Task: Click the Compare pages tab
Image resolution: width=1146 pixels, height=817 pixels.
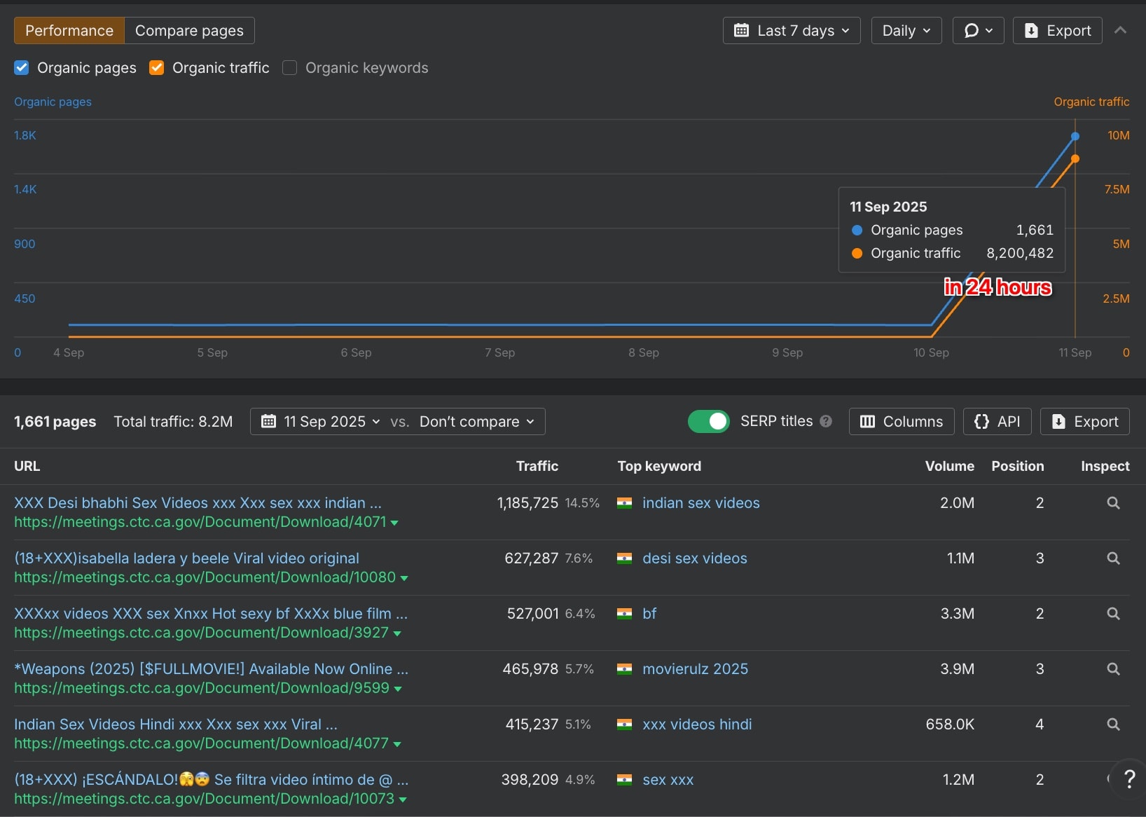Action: (x=189, y=31)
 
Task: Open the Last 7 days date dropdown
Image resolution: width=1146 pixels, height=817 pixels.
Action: (x=792, y=31)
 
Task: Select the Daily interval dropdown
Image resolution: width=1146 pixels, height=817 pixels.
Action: (x=906, y=31)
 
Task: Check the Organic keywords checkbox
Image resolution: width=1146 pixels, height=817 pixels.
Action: (x=289, y=68)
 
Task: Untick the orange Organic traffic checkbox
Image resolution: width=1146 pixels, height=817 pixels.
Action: (x=157, y=68)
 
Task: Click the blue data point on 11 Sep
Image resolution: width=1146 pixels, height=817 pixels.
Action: (x=1075, y=137)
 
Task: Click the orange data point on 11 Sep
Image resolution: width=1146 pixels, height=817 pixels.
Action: (x=1075, y=159)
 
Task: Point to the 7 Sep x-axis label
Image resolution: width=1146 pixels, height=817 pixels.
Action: (x=499, y=352)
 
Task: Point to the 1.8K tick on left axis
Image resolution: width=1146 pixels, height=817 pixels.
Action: (x=25, y=135)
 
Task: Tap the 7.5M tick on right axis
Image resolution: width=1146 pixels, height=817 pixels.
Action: (x=1117, y=189)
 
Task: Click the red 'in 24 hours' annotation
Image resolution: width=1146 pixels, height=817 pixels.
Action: (x=997, y=287)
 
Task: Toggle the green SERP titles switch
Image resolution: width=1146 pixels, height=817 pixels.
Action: (x=709, y=421)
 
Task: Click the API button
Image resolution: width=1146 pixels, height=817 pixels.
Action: (x=997, y=421)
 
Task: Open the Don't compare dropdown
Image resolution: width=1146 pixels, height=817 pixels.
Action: (x=476, y=421)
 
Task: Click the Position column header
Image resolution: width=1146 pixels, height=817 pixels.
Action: (x=1017, y=466)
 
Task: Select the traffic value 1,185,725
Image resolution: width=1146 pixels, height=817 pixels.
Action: (x=527, y=503)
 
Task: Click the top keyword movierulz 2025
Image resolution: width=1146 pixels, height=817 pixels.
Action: (x=695, y=669)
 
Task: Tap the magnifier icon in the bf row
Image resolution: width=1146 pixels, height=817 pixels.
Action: (x=1113, y=614)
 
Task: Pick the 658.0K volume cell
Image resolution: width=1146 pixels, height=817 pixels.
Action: (x=950, y=725)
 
